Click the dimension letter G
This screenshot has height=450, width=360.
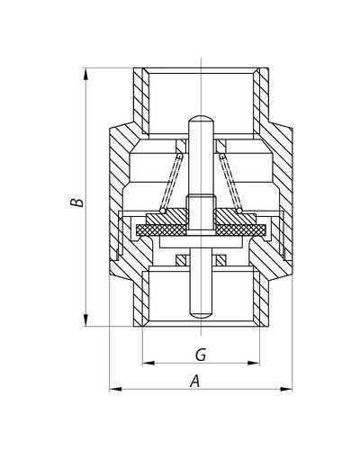[x=201, y=355]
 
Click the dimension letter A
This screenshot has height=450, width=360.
[x=195, y=381]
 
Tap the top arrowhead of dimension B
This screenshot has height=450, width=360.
[x=86, y=74]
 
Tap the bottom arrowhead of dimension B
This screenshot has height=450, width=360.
[x=86, y=319]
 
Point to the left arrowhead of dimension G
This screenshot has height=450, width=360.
[x=148, y=363]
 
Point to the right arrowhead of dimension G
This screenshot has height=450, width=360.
[x=254, y=363]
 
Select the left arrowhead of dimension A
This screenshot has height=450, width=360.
[x=116, y=389]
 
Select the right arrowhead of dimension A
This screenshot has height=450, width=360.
[x=286, y=389]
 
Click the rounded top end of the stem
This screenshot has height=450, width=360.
[x=201, y=118]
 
